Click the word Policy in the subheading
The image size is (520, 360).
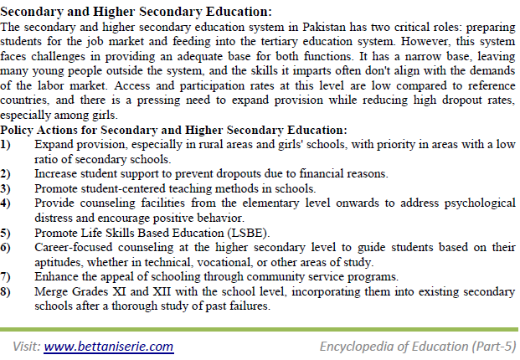23,130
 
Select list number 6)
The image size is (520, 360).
7,247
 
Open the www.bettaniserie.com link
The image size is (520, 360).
109,346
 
